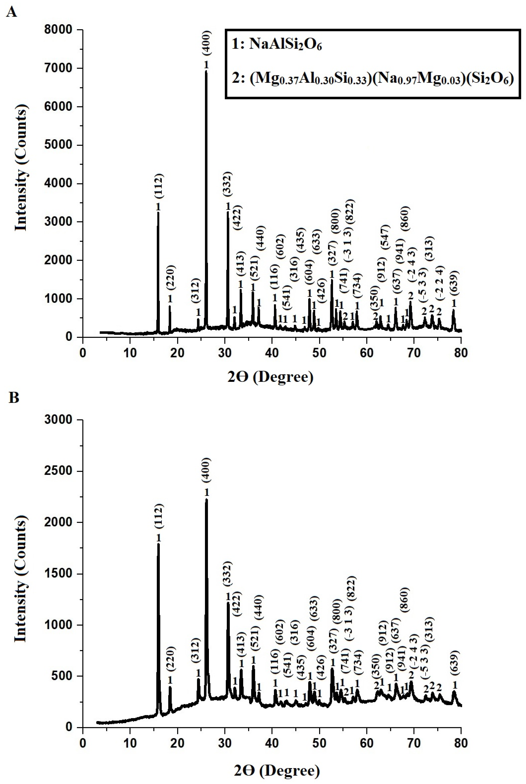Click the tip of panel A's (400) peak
[206, 71]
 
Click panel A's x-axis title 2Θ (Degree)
[270, 377]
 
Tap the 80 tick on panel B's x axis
[461, 743]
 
